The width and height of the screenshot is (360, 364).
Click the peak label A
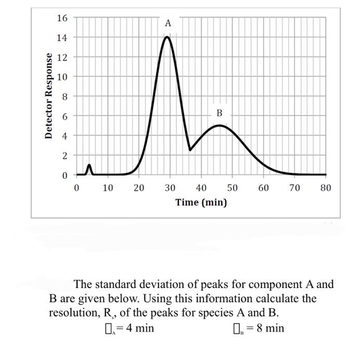(167, 23)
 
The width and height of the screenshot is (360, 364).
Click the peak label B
(219, 113)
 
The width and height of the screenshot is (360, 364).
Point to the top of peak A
(167, 37)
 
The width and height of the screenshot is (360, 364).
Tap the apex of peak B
(220, 125)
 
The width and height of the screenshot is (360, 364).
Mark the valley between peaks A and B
(190, 150)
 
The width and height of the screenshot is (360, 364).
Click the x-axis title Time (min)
(201, 202)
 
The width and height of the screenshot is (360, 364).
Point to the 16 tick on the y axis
(62, 18)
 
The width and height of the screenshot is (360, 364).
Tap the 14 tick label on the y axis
(62, 38)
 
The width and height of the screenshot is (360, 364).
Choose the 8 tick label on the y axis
(64, 96)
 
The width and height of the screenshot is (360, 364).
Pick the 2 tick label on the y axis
(64, 155)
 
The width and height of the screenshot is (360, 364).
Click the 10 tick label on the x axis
(108, 187)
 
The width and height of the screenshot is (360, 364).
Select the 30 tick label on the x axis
(170, 187)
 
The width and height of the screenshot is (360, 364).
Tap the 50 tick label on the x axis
(232, 187)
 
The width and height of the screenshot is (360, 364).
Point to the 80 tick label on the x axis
(326, 187)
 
